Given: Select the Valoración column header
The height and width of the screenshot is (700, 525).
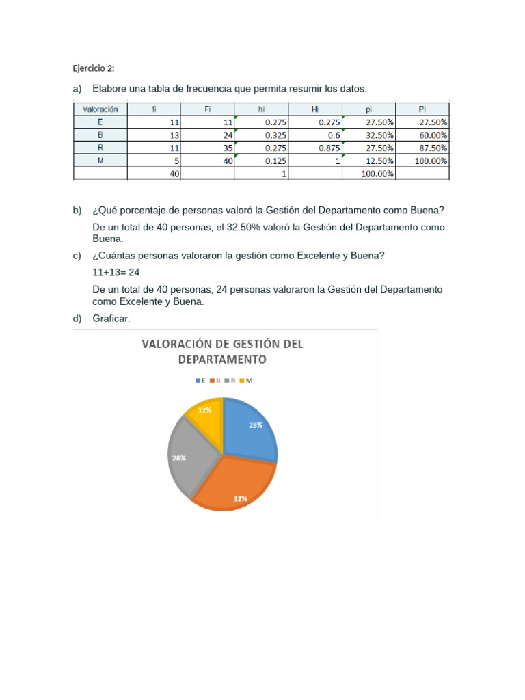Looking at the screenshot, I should [100, 109].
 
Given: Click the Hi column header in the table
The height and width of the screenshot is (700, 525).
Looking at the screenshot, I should [315, 109].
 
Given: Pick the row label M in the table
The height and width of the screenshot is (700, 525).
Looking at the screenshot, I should [100, 161].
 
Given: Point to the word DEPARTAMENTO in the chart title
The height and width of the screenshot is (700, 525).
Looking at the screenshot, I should [221, 359].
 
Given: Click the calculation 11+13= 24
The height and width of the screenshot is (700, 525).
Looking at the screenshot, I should [116, 271].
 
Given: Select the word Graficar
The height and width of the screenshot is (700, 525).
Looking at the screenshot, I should [111, 319].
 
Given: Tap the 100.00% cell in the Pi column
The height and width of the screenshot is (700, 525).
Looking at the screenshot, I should [431, 161].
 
